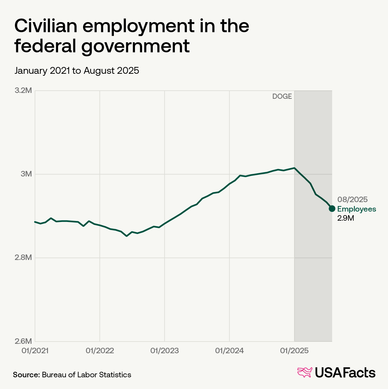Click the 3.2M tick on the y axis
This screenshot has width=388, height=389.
pos(23,91)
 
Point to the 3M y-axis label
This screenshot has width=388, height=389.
pos(26,174)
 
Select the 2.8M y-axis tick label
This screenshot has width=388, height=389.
pos(23,258)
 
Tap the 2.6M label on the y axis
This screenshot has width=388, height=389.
pos(23,341)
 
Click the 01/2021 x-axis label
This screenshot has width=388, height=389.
pos(35,351)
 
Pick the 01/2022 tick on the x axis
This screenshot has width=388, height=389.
pos(100,351)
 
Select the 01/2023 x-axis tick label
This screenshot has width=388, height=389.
pos(164,351)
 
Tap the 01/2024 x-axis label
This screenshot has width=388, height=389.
pos(229,351)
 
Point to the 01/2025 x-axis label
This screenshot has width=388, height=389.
pos(294,351)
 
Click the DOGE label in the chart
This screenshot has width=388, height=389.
pos(282,97)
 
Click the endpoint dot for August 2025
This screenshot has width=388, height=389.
pos(332,209)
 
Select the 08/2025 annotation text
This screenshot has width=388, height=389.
pos(352,200)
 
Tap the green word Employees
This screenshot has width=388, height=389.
pos(357,209)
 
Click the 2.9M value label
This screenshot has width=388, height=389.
pos(345,218)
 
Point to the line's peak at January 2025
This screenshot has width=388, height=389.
pos(294,168)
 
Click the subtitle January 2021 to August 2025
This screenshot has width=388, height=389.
pos(77,71)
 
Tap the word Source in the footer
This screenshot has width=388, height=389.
pos(26,375)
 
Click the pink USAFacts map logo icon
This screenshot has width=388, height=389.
pos(305,372)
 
